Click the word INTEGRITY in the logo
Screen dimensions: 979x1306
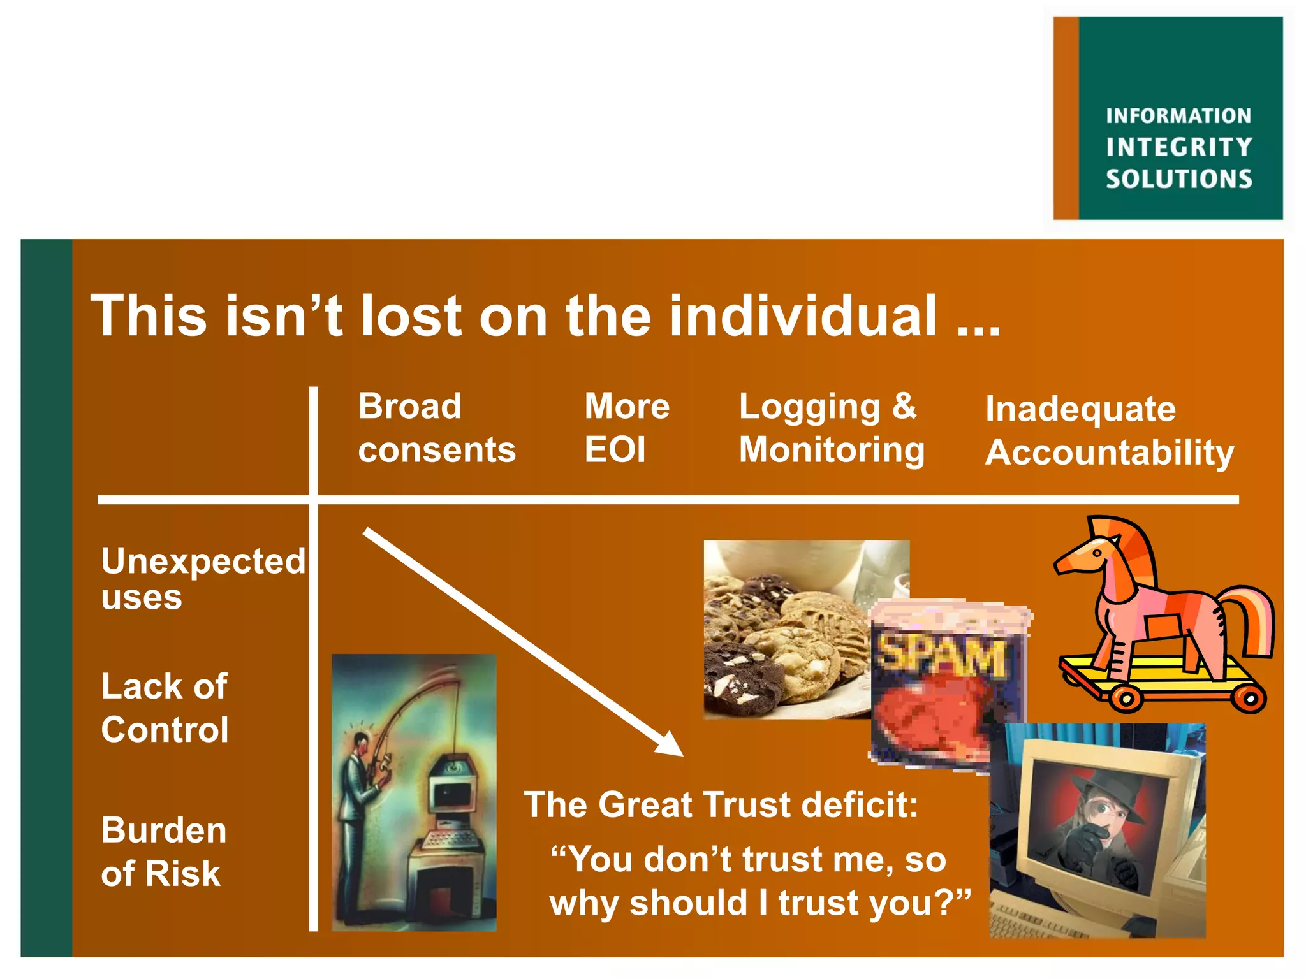tap(1178, 147)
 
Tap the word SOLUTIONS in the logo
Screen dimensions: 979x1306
tap(1178, 179)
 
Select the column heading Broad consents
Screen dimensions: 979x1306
tap(436, 428)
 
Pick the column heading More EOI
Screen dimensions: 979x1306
tap(626, 428)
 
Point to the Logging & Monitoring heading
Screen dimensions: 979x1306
tap(831, 428)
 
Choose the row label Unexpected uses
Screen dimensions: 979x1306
tap(203, 578)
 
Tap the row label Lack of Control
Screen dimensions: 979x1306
tap(165, 707)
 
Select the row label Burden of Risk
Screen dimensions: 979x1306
tap(163, 852)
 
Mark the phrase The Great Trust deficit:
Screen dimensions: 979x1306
tap(721, 805)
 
